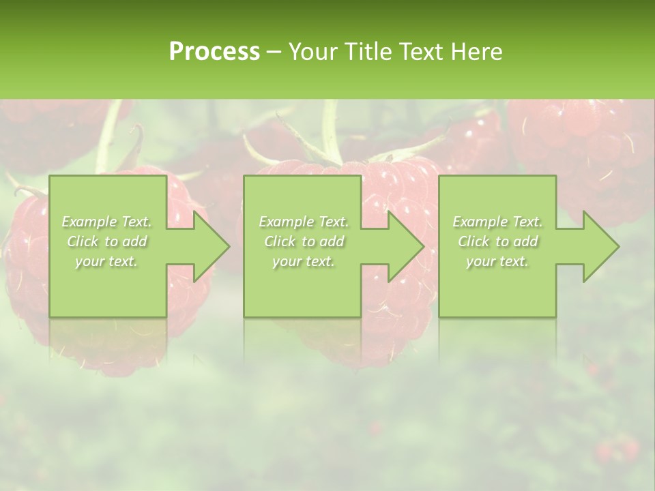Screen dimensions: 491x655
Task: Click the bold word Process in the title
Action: click(214, 51)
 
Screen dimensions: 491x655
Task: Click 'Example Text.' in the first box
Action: click(106, 222)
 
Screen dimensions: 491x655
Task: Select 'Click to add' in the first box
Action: click(106, 241)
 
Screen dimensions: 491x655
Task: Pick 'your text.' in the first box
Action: click(106, 261)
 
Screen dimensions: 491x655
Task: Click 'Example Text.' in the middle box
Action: click(303, 222)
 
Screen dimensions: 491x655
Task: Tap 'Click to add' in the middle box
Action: click(303, 241)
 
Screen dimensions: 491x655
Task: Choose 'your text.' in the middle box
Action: click(303, 261)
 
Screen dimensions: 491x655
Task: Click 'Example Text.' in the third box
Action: click(497, 222)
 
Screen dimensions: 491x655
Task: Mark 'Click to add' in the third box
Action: click(497, 241)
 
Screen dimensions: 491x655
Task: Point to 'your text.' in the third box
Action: click(497, 261)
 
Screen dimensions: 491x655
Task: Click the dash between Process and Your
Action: click(274, 53)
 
